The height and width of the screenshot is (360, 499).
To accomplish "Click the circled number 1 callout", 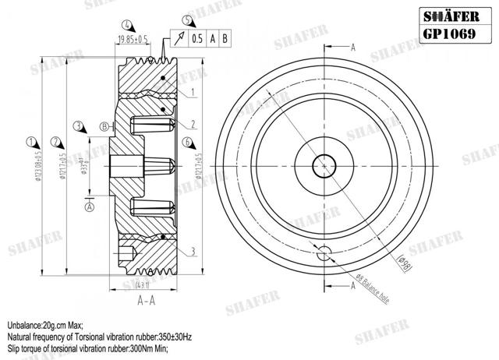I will (x=30, y=142).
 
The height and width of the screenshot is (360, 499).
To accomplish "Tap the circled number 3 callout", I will (x=78, y=125).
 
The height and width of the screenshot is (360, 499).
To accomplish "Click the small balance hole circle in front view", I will (x=323, y=251).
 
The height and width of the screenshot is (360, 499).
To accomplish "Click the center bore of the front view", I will (x=323, y=165).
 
